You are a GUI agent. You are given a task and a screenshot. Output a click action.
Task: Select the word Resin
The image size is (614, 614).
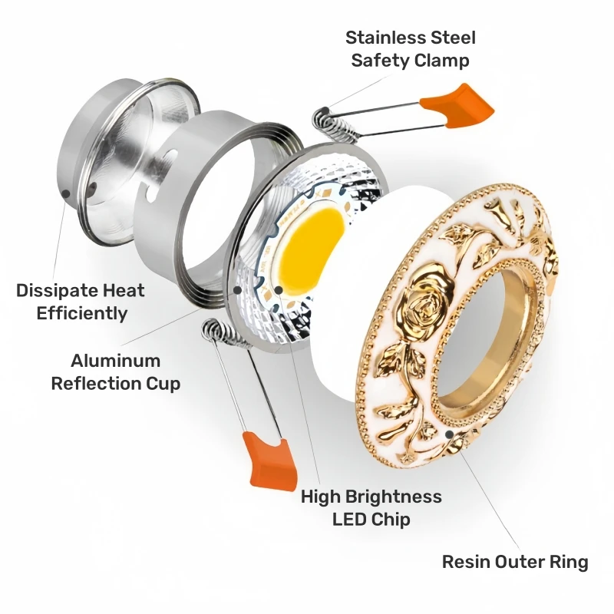467,562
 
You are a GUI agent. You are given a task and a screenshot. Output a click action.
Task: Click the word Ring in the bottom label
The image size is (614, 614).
567,562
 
